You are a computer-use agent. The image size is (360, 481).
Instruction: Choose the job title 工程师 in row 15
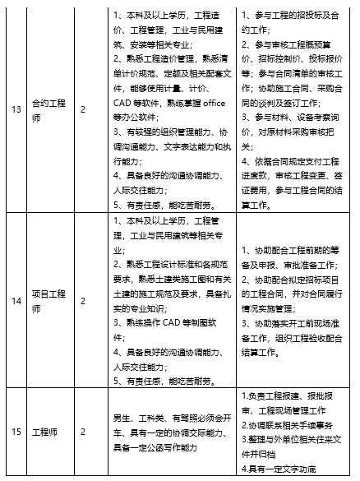[42, 430]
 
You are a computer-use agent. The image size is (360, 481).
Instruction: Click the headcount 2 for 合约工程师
[83, 108]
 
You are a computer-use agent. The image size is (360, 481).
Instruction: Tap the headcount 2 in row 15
[83, 430]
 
